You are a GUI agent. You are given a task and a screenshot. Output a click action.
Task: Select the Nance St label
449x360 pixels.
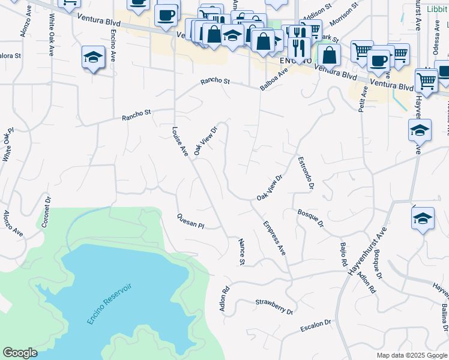coord(242,253)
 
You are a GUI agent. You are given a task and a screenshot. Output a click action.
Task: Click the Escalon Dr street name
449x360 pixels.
coord(315,327)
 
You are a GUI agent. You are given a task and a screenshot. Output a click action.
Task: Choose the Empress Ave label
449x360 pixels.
coord(274,238)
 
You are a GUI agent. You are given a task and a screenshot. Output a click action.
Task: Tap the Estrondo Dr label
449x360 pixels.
coord(306,173)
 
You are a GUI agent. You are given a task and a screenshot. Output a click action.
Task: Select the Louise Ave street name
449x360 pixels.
coord(180,142)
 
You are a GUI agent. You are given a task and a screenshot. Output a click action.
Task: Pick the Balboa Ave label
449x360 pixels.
coord(274,79)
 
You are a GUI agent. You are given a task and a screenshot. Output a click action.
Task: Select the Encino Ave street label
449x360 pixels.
coord(113,48)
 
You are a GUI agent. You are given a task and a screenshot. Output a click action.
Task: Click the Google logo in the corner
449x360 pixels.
coord(20,353)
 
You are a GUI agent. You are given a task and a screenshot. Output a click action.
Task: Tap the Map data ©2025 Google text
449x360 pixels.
coord(411,355)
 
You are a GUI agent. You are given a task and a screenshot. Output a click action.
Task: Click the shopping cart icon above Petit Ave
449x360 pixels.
coord(362,52)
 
